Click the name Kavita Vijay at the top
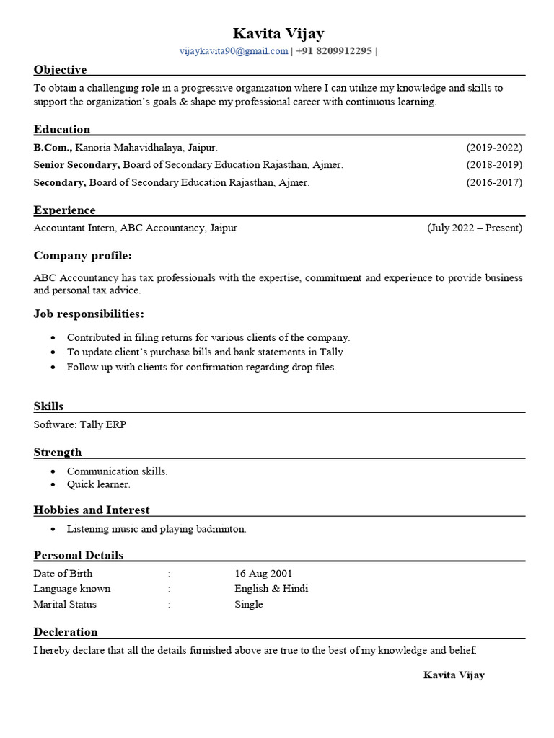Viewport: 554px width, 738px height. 278,33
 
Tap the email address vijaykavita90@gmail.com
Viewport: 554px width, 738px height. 234,50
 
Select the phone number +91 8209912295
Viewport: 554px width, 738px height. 334,50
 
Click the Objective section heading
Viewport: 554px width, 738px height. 60,70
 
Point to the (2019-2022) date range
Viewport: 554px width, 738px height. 494,147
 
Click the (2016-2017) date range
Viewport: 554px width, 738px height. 494,182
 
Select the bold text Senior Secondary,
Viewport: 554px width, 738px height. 76,164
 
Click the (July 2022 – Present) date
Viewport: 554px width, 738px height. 475,228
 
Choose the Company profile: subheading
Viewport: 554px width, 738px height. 82,256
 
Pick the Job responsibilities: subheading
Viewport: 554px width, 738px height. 89,314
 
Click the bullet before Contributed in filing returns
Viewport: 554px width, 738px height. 54,338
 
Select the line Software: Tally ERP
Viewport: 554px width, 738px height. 79,424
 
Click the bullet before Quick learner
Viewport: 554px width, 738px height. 54,485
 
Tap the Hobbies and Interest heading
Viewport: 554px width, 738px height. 92,510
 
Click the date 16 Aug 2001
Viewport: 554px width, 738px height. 263,574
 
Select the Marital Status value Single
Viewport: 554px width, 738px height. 249,604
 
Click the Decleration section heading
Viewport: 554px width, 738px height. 66,632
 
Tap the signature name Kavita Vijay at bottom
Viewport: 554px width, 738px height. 454,675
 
